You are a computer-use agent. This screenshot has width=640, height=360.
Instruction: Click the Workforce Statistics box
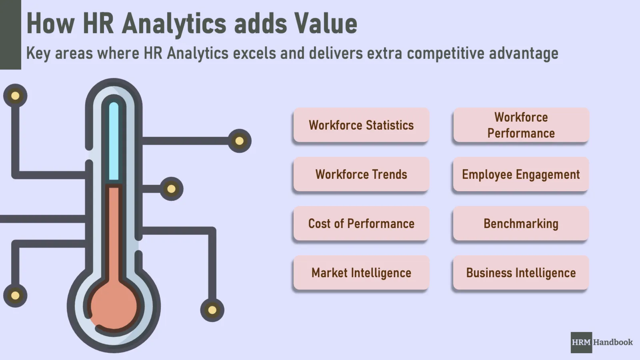tap(361, 125)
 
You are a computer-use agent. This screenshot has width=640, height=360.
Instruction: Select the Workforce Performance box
tap(521, 125)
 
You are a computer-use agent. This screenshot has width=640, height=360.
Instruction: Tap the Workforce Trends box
tap(361, 174)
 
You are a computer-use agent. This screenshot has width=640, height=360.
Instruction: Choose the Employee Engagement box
tap(521, 174)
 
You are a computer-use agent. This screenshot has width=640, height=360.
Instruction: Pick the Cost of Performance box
tap(361, 224)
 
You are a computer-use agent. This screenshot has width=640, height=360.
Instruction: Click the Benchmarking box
tap(521, 224)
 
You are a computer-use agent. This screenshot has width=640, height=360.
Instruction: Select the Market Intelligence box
tap(361, 273)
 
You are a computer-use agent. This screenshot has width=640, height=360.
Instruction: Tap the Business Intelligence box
tap(521, 273)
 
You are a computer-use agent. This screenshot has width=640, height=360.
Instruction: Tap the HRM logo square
tap(581, 342)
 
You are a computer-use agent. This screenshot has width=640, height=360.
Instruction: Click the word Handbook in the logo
tap(613, 342)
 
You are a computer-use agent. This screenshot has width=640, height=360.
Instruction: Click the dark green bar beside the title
tap(10, 34)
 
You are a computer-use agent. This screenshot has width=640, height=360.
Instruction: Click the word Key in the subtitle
tap(38, 54)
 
